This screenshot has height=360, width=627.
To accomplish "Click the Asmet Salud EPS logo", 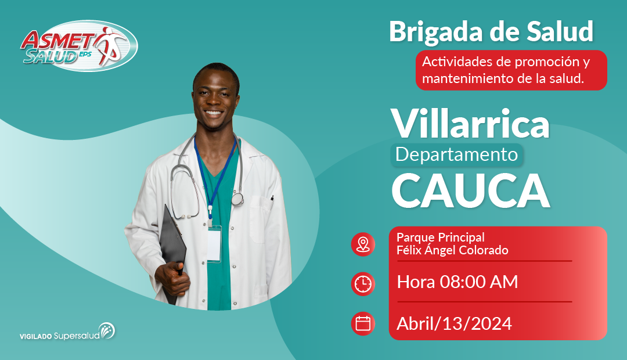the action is pos(79,46).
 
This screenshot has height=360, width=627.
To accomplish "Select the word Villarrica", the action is pos(470,123).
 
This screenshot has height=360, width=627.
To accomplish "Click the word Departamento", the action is pos(456,154).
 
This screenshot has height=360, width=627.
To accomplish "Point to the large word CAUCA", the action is pos(471,191).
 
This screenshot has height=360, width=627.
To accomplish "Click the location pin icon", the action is pos(363,244).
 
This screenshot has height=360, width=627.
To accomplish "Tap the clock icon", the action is pos(363,284).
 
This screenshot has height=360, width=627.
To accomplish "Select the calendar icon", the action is pos(363,323).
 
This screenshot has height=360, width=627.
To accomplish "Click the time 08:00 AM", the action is pos(478,282).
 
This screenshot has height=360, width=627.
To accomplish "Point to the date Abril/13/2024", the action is pos(454,323).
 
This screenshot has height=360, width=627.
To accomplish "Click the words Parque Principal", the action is pos(440,237).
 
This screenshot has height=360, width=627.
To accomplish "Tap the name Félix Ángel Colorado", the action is pos(452,250).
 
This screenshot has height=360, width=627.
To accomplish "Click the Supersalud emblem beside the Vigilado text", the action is pos(107,331).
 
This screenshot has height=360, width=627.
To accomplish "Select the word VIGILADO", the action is pos(36,337).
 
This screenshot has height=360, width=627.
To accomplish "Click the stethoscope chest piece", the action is pos(237,199).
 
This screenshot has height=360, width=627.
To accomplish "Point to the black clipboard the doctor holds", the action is pos(172,251).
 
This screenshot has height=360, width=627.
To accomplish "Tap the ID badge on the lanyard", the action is pos(214,244).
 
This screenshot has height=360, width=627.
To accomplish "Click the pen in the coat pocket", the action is pos(272,198).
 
